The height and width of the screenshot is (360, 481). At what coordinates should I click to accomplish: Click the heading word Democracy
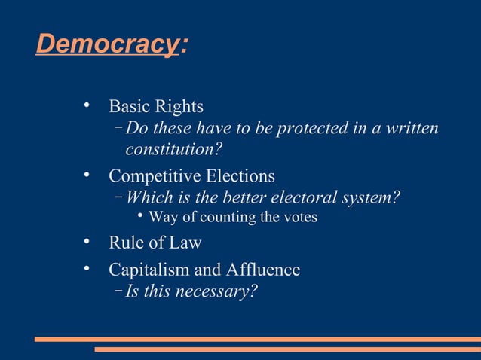106,44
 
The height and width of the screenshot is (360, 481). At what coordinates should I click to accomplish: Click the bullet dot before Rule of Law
88,243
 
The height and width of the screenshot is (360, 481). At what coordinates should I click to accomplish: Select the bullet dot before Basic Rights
88,105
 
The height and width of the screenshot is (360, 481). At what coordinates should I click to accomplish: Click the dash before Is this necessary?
119,290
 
